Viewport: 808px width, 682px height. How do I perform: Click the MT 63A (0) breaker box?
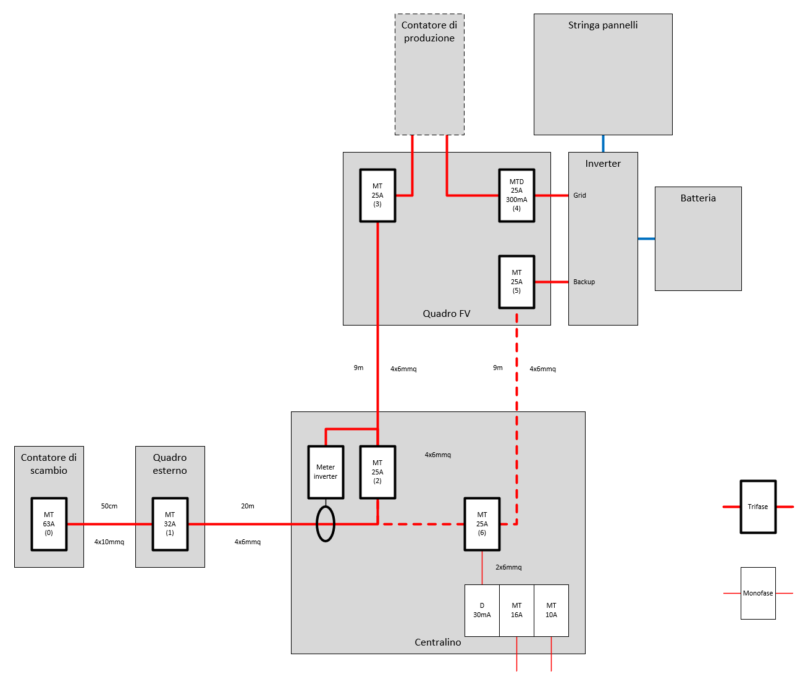click(49, 524)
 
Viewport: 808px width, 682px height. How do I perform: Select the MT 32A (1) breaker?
click(170, 524)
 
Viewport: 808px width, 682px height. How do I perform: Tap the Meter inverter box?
click(326, 472)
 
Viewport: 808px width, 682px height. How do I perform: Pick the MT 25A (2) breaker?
click(377, 472)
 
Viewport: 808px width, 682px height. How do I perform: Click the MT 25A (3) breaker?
click(377, 195)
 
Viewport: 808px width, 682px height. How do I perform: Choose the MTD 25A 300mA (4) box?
click(516, 195)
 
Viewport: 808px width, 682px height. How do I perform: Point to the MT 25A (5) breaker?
click(516, 282)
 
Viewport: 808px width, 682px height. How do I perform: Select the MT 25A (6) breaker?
click(482, 524)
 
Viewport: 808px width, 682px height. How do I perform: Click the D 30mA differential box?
click(482, 610)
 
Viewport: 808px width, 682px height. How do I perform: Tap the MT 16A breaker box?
click(516, 610)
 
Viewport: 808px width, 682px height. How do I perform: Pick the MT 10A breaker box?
click(551, 610)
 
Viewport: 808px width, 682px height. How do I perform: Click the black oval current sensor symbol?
click(326, 524)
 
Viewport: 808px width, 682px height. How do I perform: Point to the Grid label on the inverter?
click(579, 195)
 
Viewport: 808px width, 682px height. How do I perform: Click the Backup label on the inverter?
click(584, 282)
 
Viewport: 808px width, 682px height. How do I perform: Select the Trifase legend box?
click(758, 507)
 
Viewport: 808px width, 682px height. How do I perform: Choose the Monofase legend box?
click(758, 593)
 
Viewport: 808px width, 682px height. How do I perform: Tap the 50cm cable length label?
click(109, 506)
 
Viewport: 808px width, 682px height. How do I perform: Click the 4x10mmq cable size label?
click(109, 542)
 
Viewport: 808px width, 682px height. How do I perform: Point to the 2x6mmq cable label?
click(508, 567)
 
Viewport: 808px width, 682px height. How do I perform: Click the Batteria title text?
click(698, 198)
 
